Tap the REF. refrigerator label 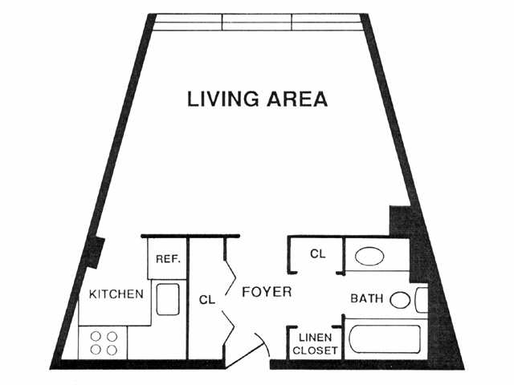[167, 259]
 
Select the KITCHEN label [116, 294]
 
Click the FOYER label [267, 292]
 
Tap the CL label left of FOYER [206, 300]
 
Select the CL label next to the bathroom [317, 254]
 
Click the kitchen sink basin [167, 301]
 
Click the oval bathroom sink [370, 257]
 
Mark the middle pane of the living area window [257, 22]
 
